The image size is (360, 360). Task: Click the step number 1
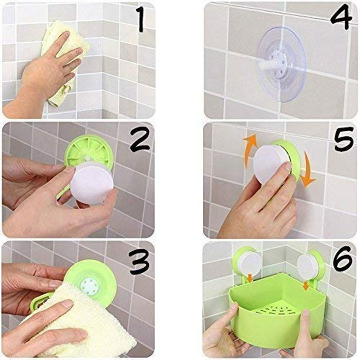[141, 20]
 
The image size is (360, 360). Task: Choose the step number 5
[344, 140]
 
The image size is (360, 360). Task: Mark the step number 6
[343, 261]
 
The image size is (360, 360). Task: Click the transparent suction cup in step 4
[281, 64]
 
